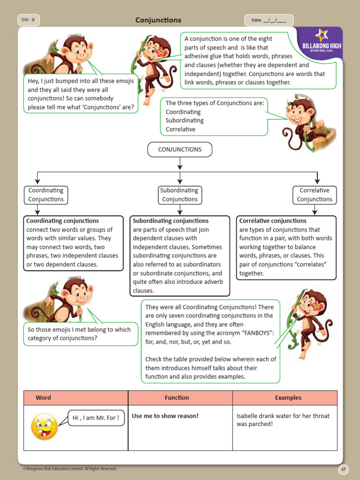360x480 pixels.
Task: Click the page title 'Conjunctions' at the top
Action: coord(158,20)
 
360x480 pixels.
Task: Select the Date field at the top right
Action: coord(269,20)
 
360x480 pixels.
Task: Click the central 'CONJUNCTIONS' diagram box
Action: coord(180,150)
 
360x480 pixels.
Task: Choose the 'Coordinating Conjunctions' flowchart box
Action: coord(46,195)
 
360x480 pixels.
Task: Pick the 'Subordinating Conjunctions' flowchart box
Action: coord(179,195)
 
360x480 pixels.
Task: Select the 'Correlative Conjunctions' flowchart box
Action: coord(314,195)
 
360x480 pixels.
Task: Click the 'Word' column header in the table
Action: coord(43,397)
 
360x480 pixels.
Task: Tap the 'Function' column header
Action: coord(177,397)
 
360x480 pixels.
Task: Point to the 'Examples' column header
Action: coord(288,397)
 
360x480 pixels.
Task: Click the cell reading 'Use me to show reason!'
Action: coord(165,416)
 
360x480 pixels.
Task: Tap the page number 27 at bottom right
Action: coord(344,469)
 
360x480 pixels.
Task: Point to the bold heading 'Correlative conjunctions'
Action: coord(273,221)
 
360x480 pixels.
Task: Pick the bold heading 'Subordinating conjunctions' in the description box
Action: coord(171,221)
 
